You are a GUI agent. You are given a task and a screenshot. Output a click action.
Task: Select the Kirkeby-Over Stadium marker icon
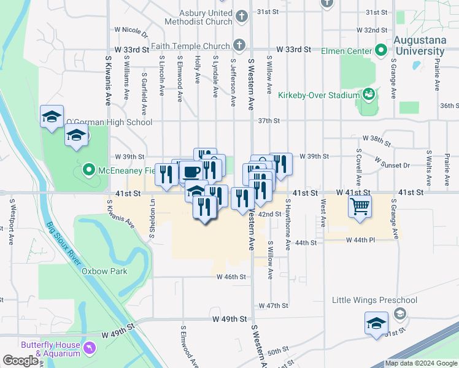point(369,94)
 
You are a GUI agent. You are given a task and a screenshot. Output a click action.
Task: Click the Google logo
point(20,361)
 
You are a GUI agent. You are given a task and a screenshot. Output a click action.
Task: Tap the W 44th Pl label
point(360,239)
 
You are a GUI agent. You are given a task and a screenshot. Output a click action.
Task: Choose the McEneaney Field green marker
point(88,170)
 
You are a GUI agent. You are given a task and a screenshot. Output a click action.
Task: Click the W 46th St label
point(231,277)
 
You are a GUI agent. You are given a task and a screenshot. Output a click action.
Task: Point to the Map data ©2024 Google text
point(420,363)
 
